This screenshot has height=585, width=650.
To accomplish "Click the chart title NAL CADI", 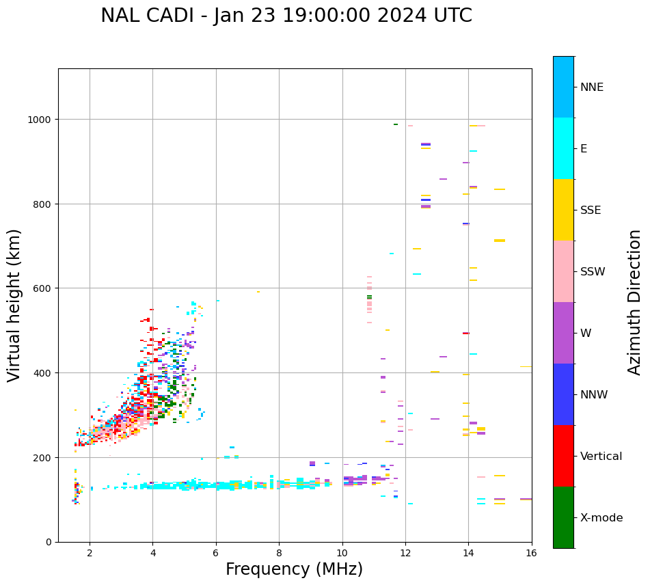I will (x=286, y=16).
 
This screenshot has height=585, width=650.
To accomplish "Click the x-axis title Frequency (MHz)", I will (x=294, y=569).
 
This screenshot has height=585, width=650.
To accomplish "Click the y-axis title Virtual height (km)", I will (x=15, y=305).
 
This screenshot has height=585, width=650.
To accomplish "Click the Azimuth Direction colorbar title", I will (x=635, y=302).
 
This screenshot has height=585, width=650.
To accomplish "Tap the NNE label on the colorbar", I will (x=592, y=87).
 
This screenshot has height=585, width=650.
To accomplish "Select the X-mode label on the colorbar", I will (x=601, y=517).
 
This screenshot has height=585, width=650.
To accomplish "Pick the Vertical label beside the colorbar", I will (x=601, y=456).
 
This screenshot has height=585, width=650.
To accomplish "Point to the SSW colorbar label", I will (x=593, y=271).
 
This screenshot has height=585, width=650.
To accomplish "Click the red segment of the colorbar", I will (x=563, y=456).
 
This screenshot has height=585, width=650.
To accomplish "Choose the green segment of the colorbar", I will (x=563, y=517).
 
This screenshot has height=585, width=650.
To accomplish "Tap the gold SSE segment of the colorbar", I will (x=563, y=210).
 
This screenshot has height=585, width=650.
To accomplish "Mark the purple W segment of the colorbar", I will (x=563, y=333).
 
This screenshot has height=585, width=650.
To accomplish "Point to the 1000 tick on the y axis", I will (x=42, y=120).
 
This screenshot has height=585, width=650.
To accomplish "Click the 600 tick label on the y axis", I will (x=45, y=288).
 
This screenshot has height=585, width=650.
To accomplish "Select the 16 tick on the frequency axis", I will (x=532, y=553).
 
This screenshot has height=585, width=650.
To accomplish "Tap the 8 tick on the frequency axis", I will (x=279, y=553).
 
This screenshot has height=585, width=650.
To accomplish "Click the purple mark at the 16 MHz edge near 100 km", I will (x=526, y=499).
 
